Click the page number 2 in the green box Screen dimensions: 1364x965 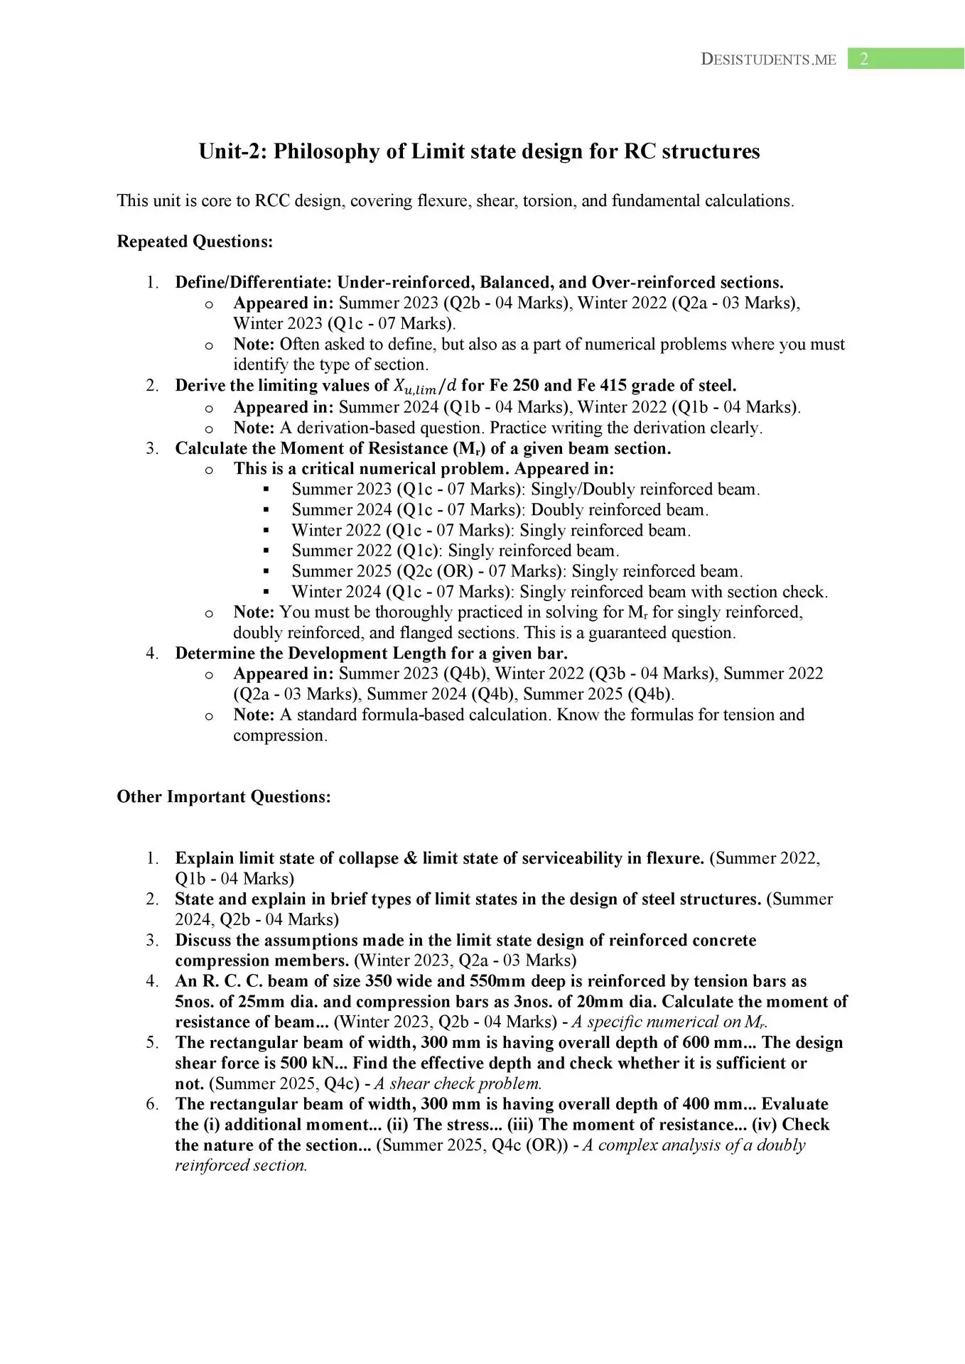[x=864, y=59]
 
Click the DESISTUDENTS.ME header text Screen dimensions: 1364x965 [x=768, y=60]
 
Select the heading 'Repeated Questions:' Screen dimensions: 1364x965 [x=195, y=242]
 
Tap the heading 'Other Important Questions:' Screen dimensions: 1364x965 [x=224, y=796]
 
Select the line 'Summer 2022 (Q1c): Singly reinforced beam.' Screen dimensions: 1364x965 [x=455, y=551]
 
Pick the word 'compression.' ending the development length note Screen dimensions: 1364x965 [x=280, y=735]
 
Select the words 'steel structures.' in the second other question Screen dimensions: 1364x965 [x=703, y=899]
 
